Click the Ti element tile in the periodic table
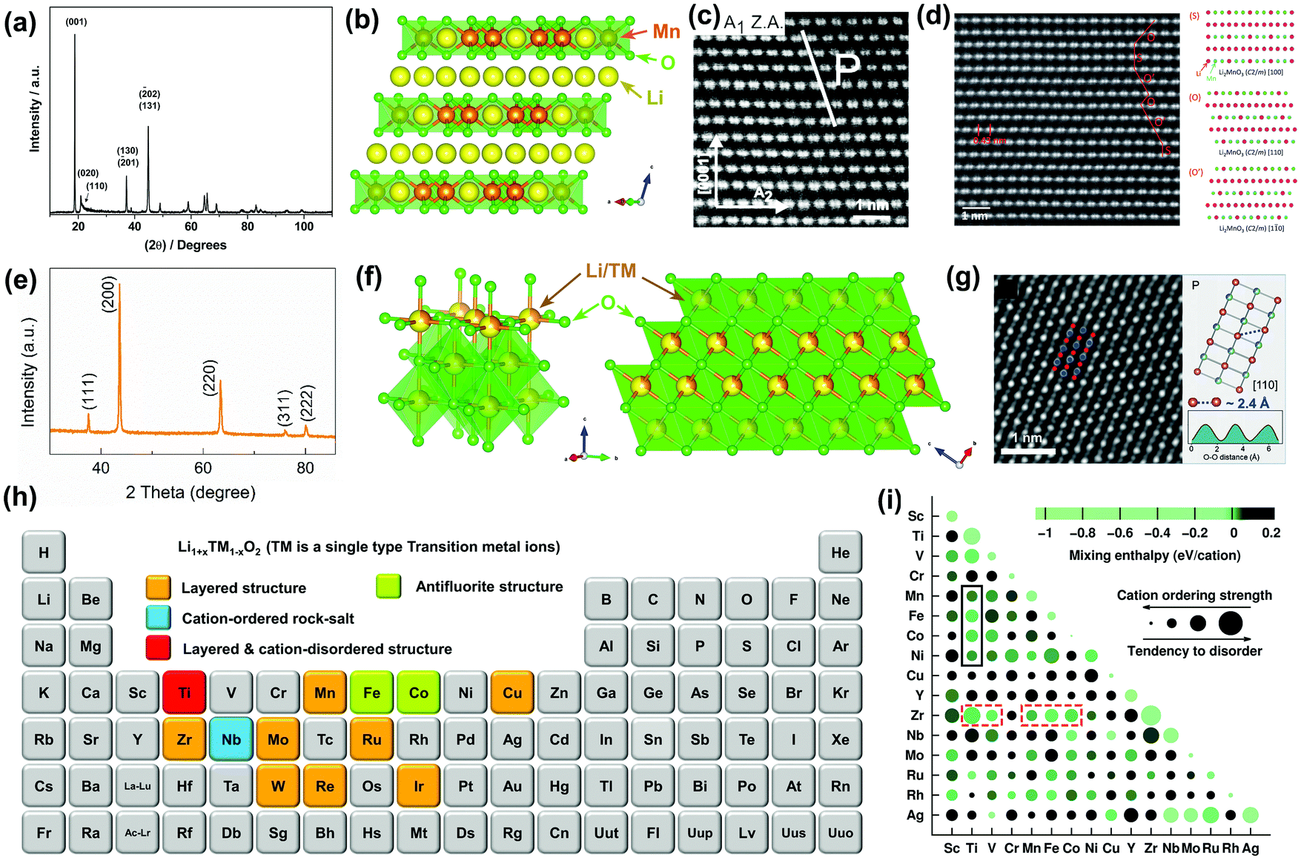(x=184, y=693)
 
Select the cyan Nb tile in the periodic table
(x=231, y=739)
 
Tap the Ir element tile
(x=418, y=786)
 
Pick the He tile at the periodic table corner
(x=840, y=552)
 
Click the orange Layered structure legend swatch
(x=159, y=587)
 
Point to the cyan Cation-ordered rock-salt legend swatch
(x=159, y=618)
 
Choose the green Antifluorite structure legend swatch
(x=388, y=586)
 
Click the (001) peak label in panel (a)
(x=76, y=22)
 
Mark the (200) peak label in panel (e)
(x=109, y=294)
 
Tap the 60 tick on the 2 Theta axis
(x=202, y=468)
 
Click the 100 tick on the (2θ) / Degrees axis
(x=304, y=226)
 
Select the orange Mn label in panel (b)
(x=666, y=32)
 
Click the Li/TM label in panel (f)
(x=611, y=271)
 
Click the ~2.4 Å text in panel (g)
(x=1254, y=403)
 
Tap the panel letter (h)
(x=20, y=497)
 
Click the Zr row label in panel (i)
(x=917, y=716)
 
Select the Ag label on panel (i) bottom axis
(x=1250, y=848)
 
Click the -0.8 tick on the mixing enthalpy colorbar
(x=1082, y=532)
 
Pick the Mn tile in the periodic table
(x=325, y=693)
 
